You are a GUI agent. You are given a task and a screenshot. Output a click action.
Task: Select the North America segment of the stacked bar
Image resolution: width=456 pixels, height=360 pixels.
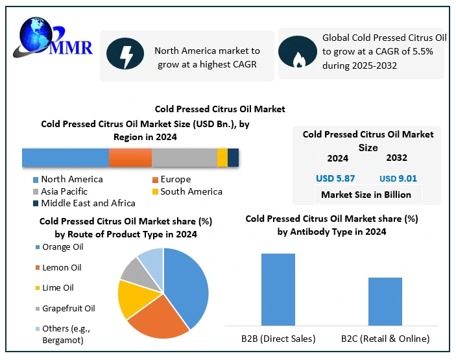click(65, 158)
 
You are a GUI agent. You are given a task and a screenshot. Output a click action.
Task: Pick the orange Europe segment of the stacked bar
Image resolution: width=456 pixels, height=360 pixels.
click(130, 158)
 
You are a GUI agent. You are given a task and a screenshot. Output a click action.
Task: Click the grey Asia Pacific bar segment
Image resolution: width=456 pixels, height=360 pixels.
click(184, 158)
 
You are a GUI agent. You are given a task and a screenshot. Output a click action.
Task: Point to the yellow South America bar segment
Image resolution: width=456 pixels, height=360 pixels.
click(222, 158)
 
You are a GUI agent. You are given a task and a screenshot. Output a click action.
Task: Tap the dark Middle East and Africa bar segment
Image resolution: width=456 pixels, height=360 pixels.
click(233, 158)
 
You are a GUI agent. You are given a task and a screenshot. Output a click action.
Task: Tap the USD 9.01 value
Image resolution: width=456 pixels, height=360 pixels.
click(398, 178)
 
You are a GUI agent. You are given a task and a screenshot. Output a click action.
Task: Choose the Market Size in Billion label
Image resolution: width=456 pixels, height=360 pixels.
click(366, 195)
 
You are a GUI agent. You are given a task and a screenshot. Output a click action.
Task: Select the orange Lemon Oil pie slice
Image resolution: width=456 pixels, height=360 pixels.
click(158, 319)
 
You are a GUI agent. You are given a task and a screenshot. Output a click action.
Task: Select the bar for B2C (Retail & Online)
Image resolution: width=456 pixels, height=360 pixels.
click(385, 301)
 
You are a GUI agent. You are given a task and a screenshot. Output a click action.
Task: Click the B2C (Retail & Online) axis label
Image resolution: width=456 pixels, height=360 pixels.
click(385, 339)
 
